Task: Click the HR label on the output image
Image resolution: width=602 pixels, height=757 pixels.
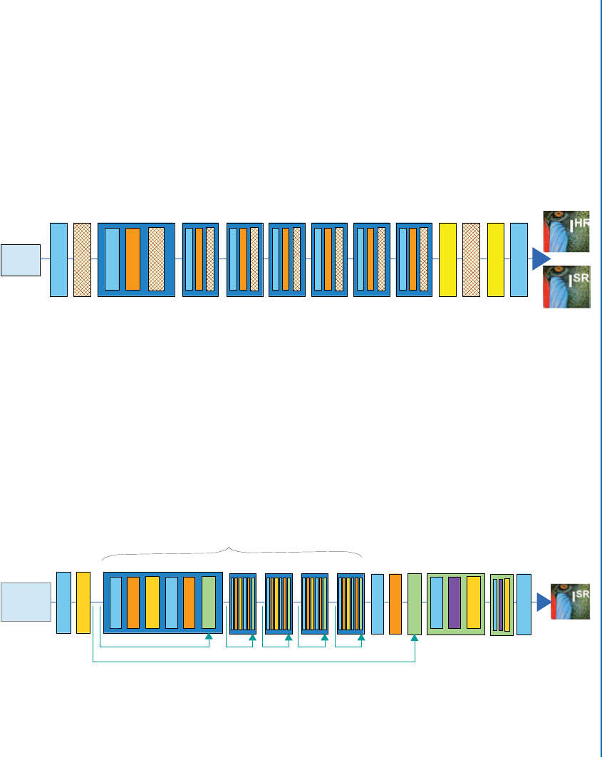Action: pyautogui.click(x=581, y=223)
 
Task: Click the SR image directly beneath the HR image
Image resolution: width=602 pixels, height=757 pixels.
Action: pyautogui.click(x=567, y=286)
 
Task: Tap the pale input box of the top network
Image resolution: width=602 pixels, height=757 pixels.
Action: pyautogui.click(x=20, y=259)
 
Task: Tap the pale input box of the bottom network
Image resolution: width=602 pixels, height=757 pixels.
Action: pyautogui.click(x=26, y=602)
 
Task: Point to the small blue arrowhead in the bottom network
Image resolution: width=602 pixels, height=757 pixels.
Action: pyautogui.click(x=544, y=602)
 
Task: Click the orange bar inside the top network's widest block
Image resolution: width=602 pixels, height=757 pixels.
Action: pyautogui.click(x=133, y=259)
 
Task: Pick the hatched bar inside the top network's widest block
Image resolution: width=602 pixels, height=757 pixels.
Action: pyautogui.click(x=156, y=259)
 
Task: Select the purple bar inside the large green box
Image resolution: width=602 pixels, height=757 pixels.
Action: pyautogui.click(x=455, y=602)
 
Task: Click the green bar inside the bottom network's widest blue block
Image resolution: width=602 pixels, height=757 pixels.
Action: pyautogui.click(x=209, y=602)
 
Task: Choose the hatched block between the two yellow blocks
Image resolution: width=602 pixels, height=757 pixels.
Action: pyautogui.click(x=471, y=259)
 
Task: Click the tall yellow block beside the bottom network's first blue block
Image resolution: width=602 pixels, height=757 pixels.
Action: pyautogui.click(x=83, y=602)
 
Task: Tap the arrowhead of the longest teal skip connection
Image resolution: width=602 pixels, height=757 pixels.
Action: pyautogui.click(x=415, y=640)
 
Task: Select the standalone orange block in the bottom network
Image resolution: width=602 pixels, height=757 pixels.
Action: pyautogui.click(x=395, y=603)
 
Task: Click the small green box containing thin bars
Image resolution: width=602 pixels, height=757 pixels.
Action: pyautogui.click(x=502, y=605)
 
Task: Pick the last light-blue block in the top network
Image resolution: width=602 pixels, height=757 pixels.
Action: pyautogui.click(x=519, y=259)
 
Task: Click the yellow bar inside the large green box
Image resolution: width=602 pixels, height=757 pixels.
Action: pyautogui.click(x=473, y=602)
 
